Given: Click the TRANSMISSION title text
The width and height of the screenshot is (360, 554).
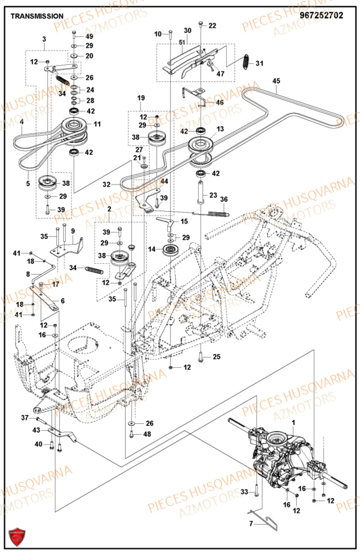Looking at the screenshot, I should [37, 17].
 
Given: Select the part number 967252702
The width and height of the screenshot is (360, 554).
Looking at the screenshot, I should [321, 16].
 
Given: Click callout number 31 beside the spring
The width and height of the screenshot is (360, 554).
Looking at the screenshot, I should [259, 64].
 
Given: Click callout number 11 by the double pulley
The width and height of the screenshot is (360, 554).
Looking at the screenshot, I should [97, 124].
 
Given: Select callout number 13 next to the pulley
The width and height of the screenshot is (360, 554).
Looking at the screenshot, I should [220, 129].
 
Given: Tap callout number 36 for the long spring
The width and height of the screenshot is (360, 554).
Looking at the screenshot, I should [224, 199].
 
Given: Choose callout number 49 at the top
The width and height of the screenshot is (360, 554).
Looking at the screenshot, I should [89, 36].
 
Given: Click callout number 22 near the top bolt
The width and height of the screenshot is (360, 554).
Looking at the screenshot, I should [213, 26].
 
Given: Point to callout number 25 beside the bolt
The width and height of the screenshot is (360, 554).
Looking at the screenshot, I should [217, 356].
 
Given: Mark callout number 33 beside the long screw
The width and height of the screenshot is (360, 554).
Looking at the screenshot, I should [244, 492].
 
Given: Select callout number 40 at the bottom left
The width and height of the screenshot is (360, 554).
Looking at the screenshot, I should [38, 444].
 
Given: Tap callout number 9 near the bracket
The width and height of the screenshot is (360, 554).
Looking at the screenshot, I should [73, 230].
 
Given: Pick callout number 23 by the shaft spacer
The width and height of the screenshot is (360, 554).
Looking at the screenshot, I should [213, 195].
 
